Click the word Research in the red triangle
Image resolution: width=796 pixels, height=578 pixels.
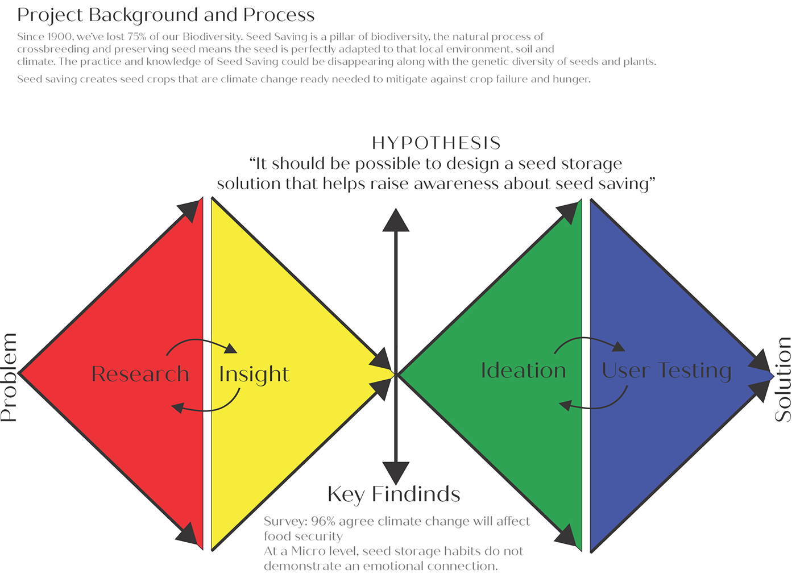pos(140,374)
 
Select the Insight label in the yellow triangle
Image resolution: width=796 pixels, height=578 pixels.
pos(254,375)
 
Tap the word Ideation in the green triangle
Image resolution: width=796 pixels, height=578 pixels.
pos(523,370)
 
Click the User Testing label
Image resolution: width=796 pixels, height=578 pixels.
pos(666,371)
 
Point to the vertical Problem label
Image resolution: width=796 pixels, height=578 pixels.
pos(9,377)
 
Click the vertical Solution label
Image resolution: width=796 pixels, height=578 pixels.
pos(782,380)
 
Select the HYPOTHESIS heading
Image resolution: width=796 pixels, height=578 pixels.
pos(436,143)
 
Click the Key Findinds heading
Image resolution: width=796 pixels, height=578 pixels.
pos(393,494)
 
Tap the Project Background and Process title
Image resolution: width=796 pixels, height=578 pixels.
pos(166,15)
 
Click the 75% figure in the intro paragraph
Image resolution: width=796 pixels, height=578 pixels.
pos(136,36)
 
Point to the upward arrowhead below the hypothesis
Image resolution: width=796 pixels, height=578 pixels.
pos(396,220)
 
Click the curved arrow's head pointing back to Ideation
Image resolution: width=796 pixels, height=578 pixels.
pos(565,405)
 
